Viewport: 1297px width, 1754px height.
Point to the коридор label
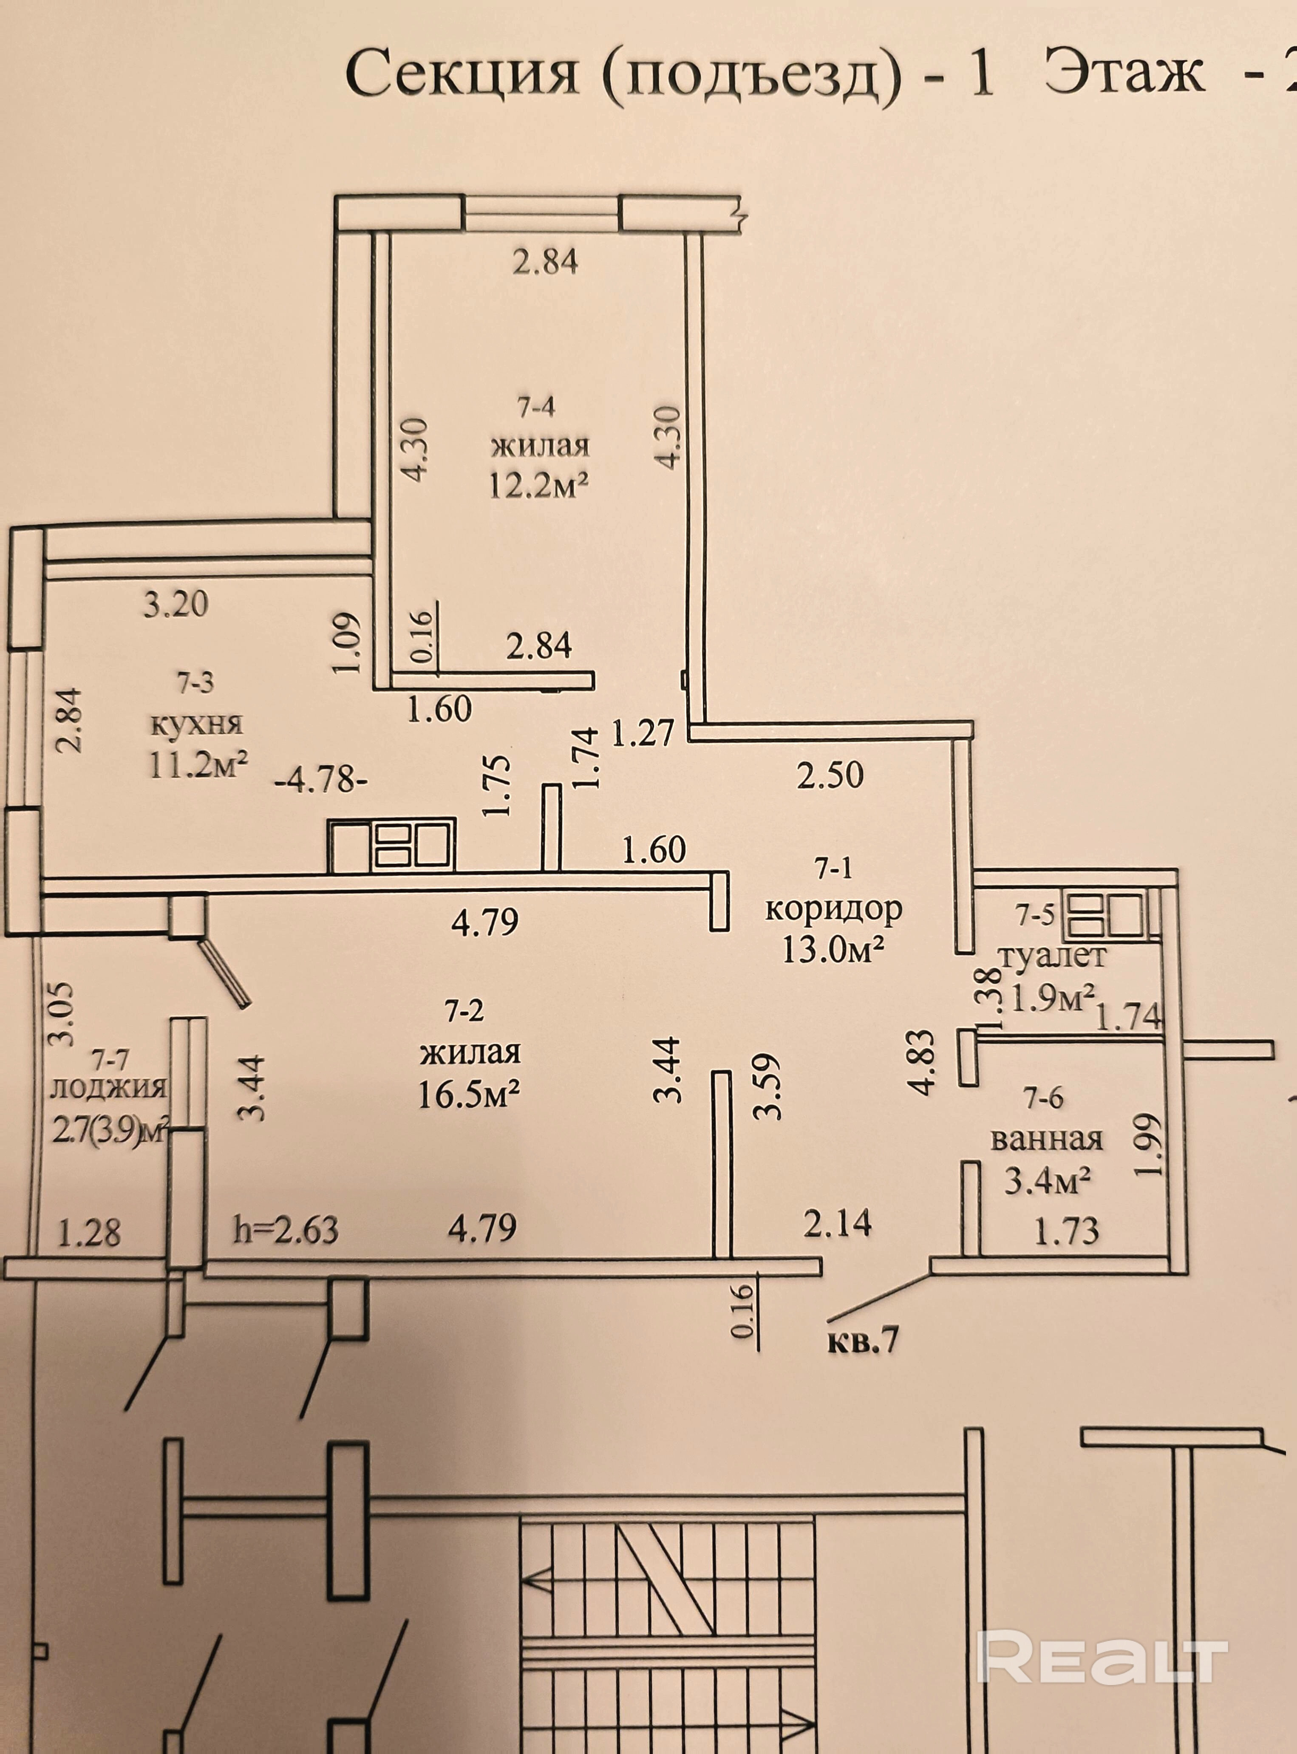(834, 909)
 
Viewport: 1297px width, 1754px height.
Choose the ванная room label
(1047, 1139)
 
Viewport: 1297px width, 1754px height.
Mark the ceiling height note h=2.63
(286, 1230)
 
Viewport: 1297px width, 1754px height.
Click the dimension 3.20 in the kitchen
(176, 604)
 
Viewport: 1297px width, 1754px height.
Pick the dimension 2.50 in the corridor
(830, 775)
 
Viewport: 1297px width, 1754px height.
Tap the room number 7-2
(465, 1013)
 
